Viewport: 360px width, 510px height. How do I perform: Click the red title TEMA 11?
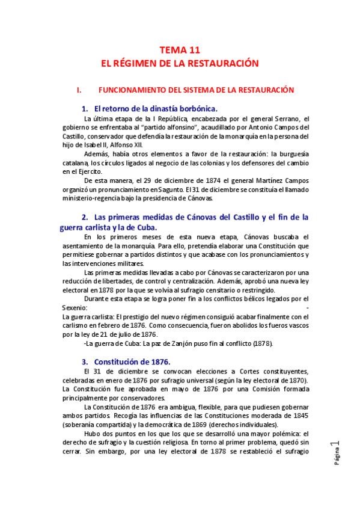click(179, 51)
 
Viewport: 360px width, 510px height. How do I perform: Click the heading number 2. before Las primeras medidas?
click(85, 217)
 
